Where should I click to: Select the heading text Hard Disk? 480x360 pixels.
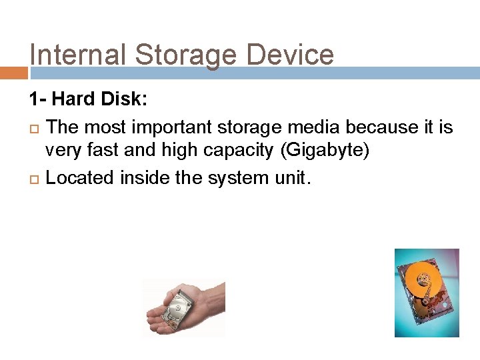(100, 100)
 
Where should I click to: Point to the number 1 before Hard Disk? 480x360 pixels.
(33, 100)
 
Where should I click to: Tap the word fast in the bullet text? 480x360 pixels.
(102, 150)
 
